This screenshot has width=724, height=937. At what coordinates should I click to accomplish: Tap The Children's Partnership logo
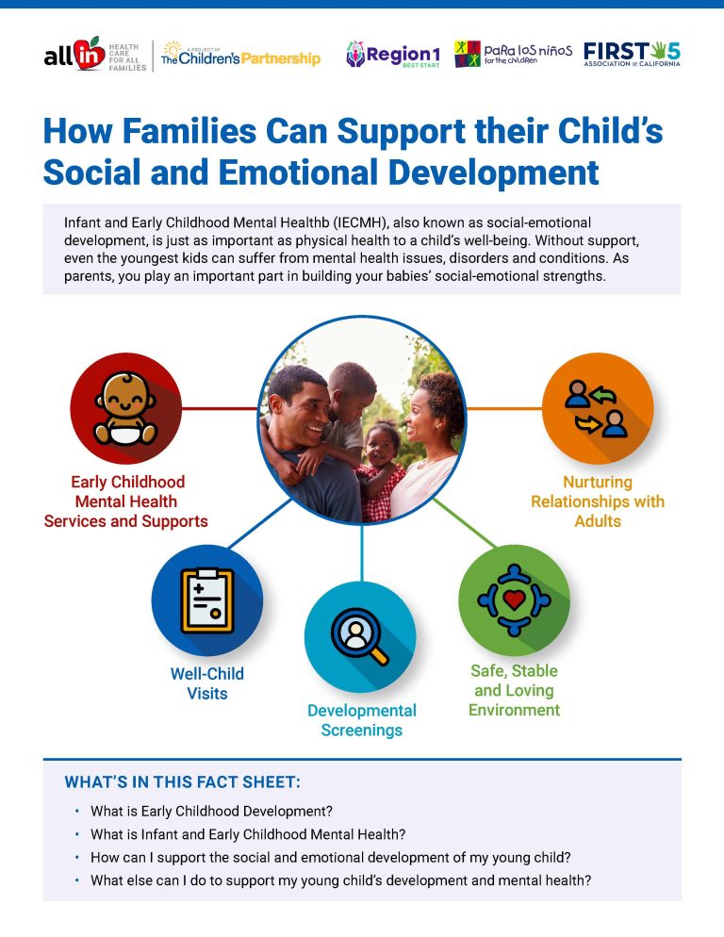(x=242, y=55)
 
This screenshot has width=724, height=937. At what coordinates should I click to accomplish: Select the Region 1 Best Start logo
(x=392, y=54)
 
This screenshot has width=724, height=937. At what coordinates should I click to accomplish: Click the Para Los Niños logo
(x=513, y=54)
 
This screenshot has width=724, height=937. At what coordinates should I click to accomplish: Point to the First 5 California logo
(x=632, y=54)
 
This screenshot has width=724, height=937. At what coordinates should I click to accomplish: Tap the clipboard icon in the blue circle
(x=206, y=600)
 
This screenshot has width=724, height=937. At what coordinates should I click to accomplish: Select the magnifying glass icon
(x=360, y=636)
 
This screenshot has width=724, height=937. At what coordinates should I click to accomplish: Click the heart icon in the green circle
(x=514, y=600)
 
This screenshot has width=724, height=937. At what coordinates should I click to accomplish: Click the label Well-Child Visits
(x=206, y=683)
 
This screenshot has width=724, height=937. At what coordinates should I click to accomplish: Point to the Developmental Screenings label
(x=362, y=720)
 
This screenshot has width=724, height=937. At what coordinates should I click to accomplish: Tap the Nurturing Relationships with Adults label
(x=598, y=501)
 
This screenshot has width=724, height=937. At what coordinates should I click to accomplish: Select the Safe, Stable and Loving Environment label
(x=514, y=690)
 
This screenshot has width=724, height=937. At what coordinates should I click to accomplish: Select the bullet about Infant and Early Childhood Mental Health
(x=248, y=833)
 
